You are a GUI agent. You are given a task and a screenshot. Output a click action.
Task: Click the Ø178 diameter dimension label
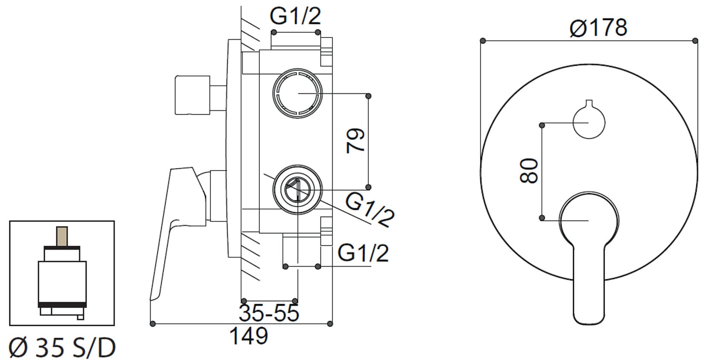pos(598,28)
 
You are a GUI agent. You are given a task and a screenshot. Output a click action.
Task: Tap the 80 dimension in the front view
pos(529,171)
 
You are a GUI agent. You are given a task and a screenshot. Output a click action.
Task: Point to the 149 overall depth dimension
pos(249,336)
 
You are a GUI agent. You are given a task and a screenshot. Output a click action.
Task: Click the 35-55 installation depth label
pos(269,314)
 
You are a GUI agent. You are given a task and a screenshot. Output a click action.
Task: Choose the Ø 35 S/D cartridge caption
pos(62,348)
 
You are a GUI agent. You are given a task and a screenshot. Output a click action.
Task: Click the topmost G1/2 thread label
pos(295,17)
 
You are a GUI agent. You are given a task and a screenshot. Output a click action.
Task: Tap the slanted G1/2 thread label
pos(369,209)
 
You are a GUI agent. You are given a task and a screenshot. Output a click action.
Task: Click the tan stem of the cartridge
pos(62,236)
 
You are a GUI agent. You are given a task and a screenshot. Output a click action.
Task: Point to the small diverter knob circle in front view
pos(589,122)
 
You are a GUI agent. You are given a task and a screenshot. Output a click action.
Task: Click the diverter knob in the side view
pos(192,95)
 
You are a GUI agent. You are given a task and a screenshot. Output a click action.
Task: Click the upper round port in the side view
pos(297,93)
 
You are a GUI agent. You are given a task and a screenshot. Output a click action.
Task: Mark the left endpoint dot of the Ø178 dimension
pos(483,41)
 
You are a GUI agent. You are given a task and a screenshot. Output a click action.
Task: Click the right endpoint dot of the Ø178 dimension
pos(694,41)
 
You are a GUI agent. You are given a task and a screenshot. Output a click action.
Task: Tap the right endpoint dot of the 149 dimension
pos(330,324)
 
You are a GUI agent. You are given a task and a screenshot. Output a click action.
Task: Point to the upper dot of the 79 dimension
pos(369,96)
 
